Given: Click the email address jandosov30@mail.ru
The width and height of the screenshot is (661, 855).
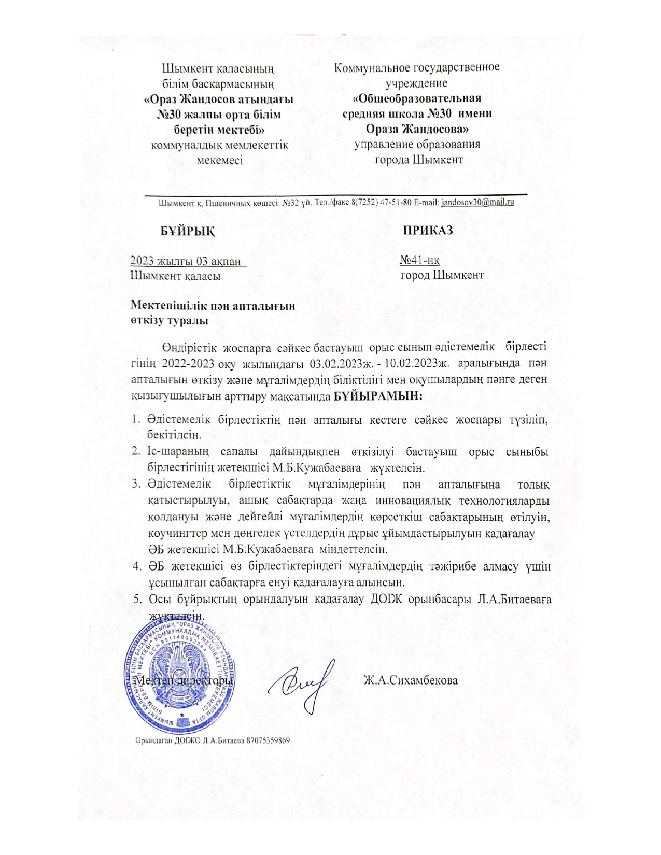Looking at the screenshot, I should click(477, 203).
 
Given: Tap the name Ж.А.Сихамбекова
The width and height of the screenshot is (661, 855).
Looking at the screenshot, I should click(411, 680).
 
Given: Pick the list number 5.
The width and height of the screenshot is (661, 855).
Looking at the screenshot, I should click(137, 600).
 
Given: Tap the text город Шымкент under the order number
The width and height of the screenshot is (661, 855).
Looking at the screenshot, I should click(442, 275).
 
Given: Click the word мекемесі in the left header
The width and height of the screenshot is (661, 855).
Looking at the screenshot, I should click(220, 160).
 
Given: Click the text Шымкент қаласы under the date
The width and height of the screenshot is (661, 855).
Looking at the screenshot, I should click(176, 276).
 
